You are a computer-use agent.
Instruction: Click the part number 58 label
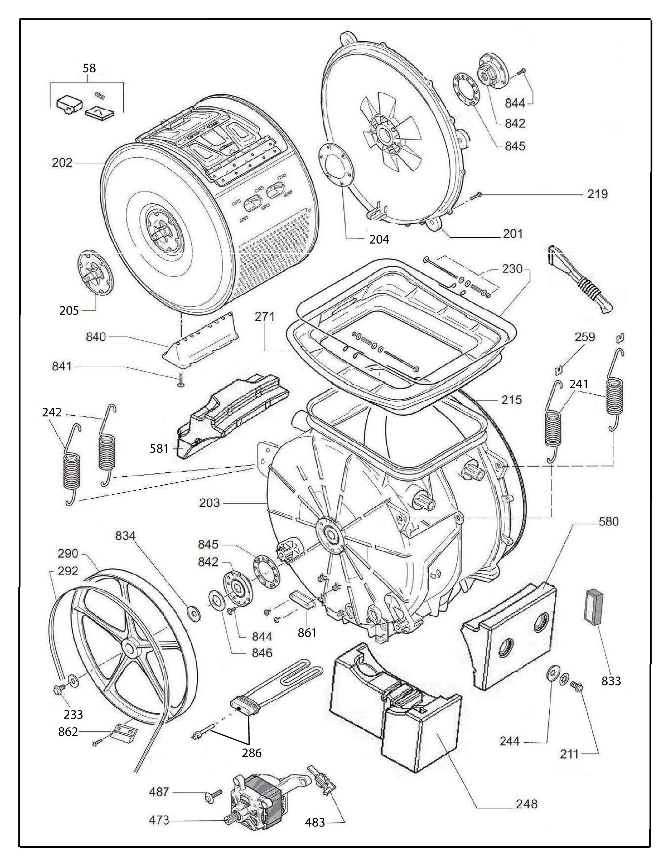(x=89, y=68)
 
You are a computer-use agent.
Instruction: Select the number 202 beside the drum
(x=62, y=163)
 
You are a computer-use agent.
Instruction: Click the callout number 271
(x=265, y=317)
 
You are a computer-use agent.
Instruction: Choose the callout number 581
(x=159, y=448)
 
